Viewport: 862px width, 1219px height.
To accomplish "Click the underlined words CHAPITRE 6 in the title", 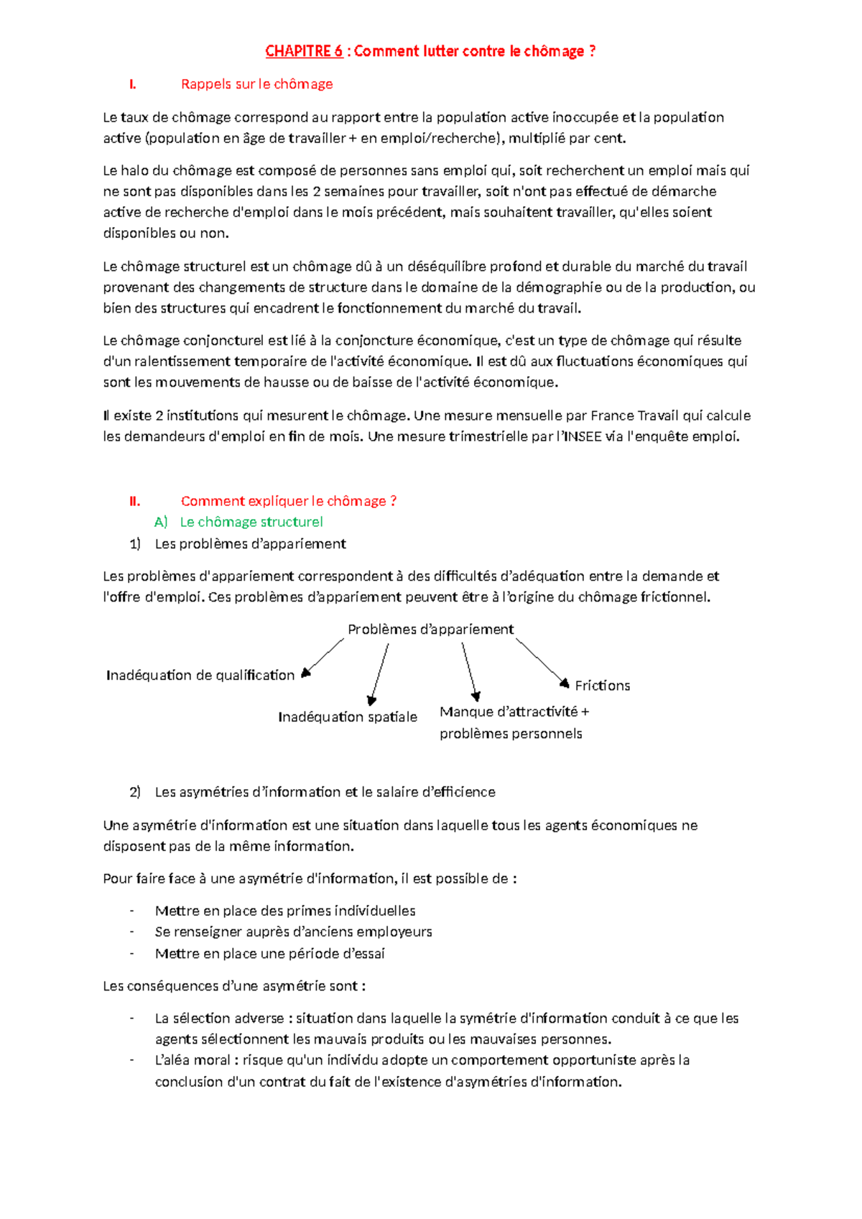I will coord(303,51).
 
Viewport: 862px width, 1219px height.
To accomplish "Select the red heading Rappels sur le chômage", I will coord(256,84).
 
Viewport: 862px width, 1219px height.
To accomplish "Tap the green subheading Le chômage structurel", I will coord(251,522).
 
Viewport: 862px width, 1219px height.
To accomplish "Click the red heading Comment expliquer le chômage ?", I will coord(288,501).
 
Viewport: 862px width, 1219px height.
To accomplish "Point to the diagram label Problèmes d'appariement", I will coord(430,630).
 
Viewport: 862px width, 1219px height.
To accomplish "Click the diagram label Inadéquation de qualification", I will coord(200,675).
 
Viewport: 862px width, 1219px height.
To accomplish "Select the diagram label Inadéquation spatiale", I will coord(347,717).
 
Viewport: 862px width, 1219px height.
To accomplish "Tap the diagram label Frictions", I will coord(602,686).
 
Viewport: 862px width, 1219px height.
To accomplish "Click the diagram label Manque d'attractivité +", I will coord(514,712).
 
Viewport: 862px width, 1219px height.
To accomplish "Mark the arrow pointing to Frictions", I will coord(542,661).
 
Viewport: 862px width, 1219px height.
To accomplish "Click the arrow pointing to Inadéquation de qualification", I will coord(324,656).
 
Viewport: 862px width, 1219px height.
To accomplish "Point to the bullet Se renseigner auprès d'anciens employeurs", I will coord(293,932).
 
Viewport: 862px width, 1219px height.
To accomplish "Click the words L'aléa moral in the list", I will coord(193,1060).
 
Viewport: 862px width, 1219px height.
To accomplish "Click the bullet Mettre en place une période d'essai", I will coord(269,954).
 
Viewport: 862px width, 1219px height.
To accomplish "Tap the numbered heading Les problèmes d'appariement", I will coord(250,544).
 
